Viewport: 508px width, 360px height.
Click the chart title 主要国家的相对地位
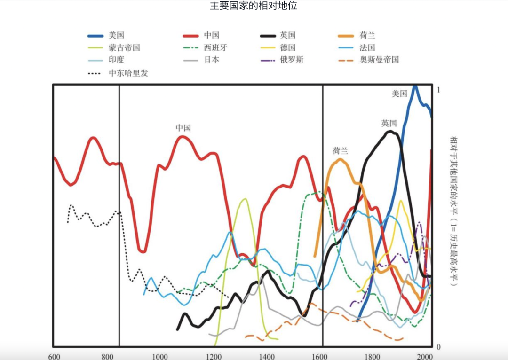tap(254, 7)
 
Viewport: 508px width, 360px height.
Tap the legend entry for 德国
tap(287, 47)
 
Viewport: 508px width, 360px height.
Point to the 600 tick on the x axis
tap(54, 356)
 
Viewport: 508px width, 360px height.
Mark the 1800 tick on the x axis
tap(372, 356)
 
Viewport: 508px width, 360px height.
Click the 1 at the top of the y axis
tap(438, 90)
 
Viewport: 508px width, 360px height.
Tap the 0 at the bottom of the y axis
tap(438, 347)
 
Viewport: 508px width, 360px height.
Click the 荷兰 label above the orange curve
tap(341, 151)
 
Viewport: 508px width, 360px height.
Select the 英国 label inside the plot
tap(389, 124)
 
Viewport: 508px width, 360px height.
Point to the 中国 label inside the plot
tap(183, 128)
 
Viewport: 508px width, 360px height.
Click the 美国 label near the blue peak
tap(399, 94)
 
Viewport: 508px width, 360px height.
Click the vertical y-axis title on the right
tap(454, 211)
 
